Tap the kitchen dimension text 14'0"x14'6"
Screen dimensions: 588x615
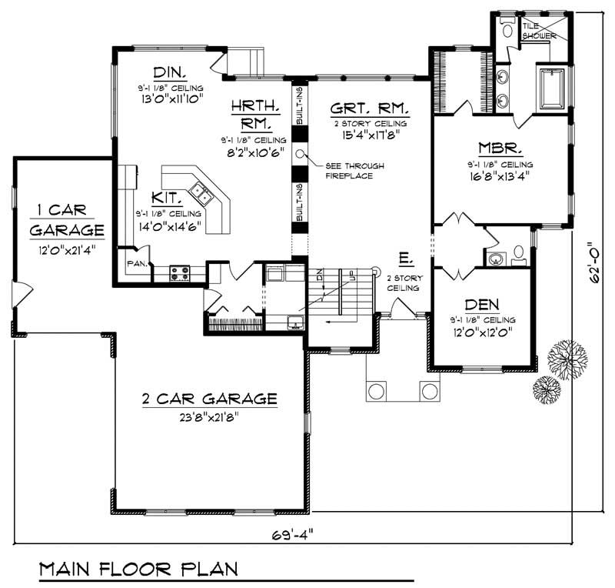168,227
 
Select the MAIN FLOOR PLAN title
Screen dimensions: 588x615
138,570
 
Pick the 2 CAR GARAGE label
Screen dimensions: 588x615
209,399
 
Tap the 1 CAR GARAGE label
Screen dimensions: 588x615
67,219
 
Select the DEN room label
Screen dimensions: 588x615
482,304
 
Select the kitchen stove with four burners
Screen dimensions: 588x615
180,270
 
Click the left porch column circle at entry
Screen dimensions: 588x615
376,391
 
